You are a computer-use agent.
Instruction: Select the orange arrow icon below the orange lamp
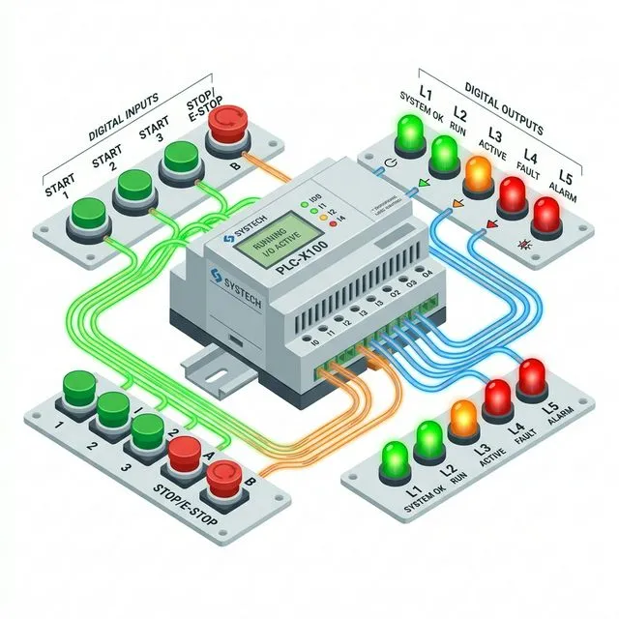[456, 204]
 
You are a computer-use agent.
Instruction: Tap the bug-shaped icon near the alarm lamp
[525, 244]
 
